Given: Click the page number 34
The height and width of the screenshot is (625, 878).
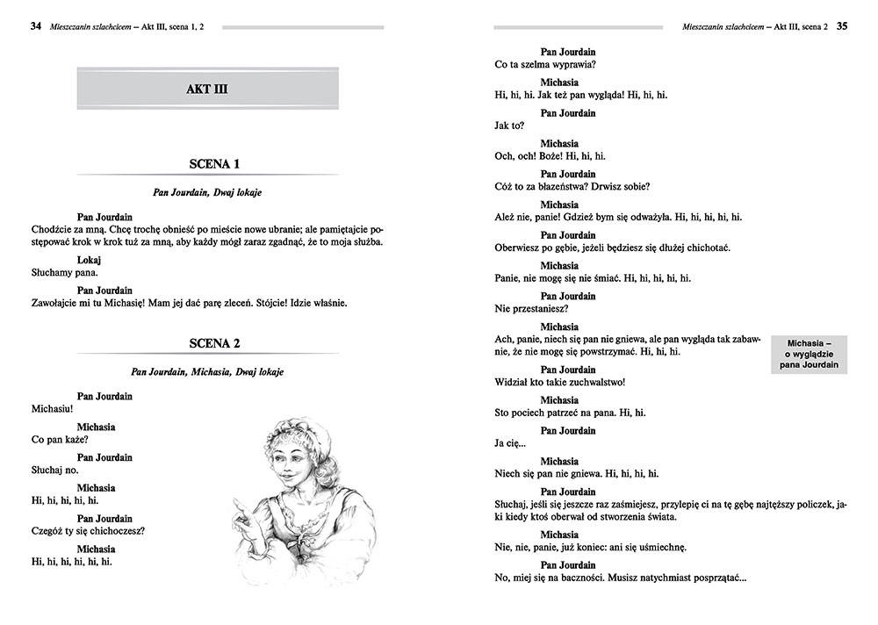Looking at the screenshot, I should [x=35, y=25].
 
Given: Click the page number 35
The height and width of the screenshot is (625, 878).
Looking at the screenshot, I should [x=841, y=25].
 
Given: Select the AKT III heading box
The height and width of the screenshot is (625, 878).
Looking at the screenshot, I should [x=208, y=90].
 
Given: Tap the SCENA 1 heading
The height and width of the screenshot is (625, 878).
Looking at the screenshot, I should [x=214, y=164].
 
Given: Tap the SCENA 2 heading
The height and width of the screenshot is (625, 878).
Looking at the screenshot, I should [x=214, y=343].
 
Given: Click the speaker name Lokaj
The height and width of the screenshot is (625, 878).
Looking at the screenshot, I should [x=90, y=261].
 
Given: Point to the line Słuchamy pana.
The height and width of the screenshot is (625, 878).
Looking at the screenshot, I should [x=62, y=274].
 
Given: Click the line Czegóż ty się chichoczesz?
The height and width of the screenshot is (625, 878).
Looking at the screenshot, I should [x=87, y=531].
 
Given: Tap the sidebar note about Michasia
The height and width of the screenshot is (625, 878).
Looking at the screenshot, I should [x=809, y=353].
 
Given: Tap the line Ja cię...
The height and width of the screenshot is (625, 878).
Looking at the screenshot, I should [x=510, y=443].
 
